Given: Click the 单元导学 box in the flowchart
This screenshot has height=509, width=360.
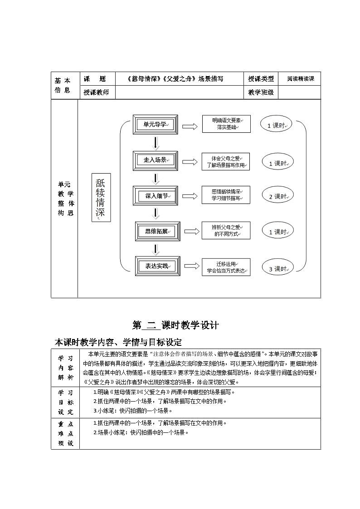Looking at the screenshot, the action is tap(155, 125).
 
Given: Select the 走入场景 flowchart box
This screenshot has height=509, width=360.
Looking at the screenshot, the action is tap(155, 160).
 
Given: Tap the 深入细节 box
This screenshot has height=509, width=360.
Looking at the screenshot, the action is tap(156, 196).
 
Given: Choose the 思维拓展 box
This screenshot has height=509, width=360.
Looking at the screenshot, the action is tap(157, 231).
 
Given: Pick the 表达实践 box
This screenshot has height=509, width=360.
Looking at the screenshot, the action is tap(157, 266).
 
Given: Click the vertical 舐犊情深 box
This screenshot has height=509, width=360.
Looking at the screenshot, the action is tap(101, 197).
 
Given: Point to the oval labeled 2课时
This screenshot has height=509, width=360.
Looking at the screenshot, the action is tap(277, 196).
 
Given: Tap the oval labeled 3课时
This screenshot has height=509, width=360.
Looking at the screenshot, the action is tap(277, 268).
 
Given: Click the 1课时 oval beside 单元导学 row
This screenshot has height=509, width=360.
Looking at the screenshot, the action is tap(276, 125).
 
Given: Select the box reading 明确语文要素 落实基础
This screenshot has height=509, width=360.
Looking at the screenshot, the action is tap(226, 124).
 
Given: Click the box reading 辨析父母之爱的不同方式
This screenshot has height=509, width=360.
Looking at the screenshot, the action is tap(226, 231).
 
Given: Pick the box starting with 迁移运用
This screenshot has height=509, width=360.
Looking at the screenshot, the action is tap(226, 267).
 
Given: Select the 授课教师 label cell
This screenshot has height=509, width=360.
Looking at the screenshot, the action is tap(97, 92).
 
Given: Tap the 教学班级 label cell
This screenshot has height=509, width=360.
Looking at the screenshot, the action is tap(261, 92).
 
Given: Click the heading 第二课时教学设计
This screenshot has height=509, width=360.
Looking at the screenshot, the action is tap(175, 325).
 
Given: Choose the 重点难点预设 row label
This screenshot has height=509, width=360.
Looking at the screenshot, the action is tap(65, 433).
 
